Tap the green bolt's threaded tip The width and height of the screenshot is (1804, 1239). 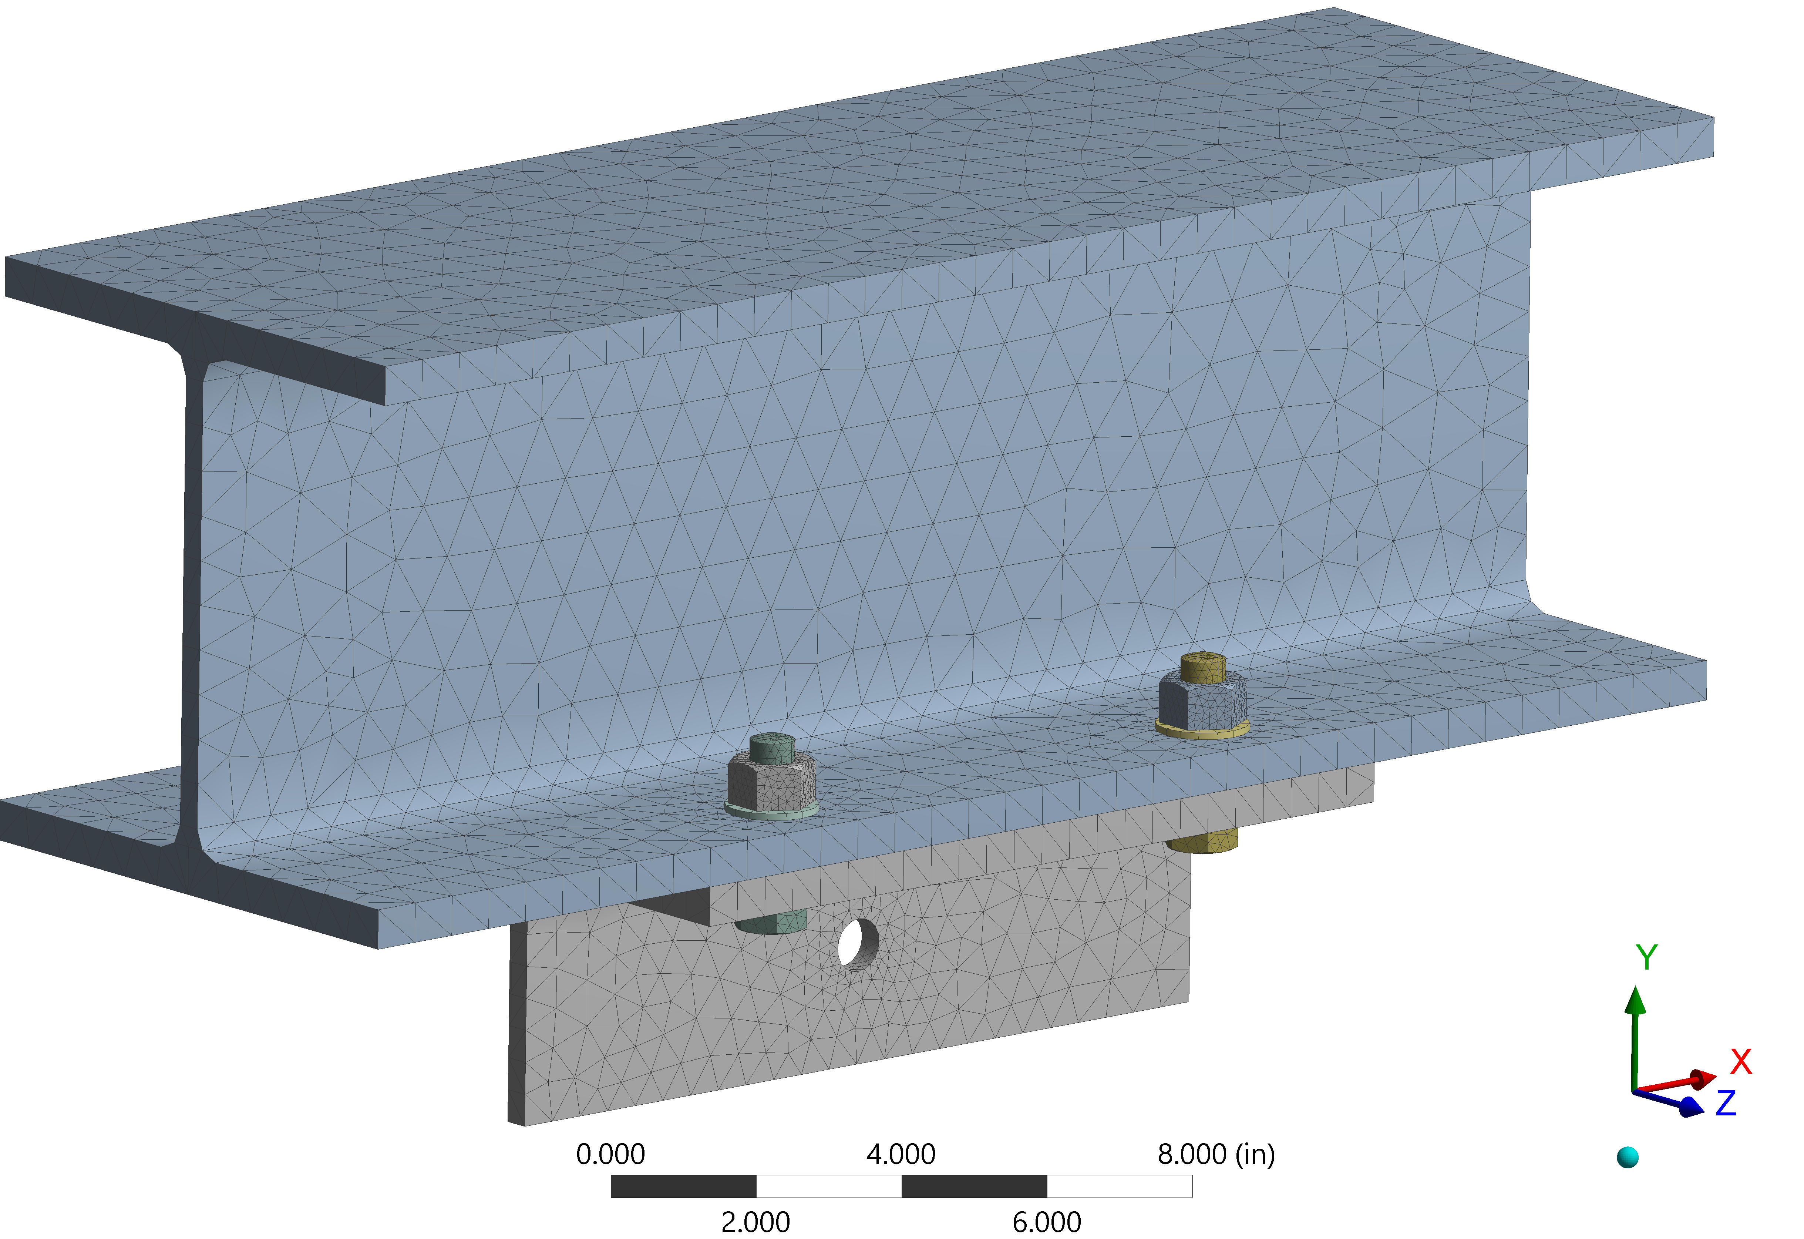point(772,748)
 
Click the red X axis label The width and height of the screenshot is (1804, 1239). point(1741,1061)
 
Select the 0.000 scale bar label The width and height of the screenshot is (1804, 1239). point(610,1154)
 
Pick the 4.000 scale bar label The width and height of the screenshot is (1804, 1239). point(901,1154)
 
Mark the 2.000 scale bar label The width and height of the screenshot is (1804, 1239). point(755,1222)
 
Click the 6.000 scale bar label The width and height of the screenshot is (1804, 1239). point(1046,1222)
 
